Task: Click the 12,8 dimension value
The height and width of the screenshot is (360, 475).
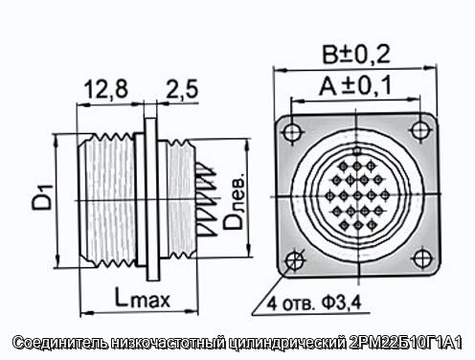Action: click(106, 89)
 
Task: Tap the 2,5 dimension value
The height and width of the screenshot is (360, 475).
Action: click(182, 89)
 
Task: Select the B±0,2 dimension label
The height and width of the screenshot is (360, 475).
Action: click(356, 55)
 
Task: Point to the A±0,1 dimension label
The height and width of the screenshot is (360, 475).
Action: click(355, 85)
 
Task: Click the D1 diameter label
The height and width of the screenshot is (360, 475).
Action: click(42, 197)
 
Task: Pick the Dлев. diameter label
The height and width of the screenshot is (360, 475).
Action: click(234, 202)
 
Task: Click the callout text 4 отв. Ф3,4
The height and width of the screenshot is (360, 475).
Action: click(314, 303)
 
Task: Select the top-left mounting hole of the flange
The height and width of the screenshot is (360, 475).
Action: click(291, 132)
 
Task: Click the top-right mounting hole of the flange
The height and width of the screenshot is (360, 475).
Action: click(420, 130)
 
